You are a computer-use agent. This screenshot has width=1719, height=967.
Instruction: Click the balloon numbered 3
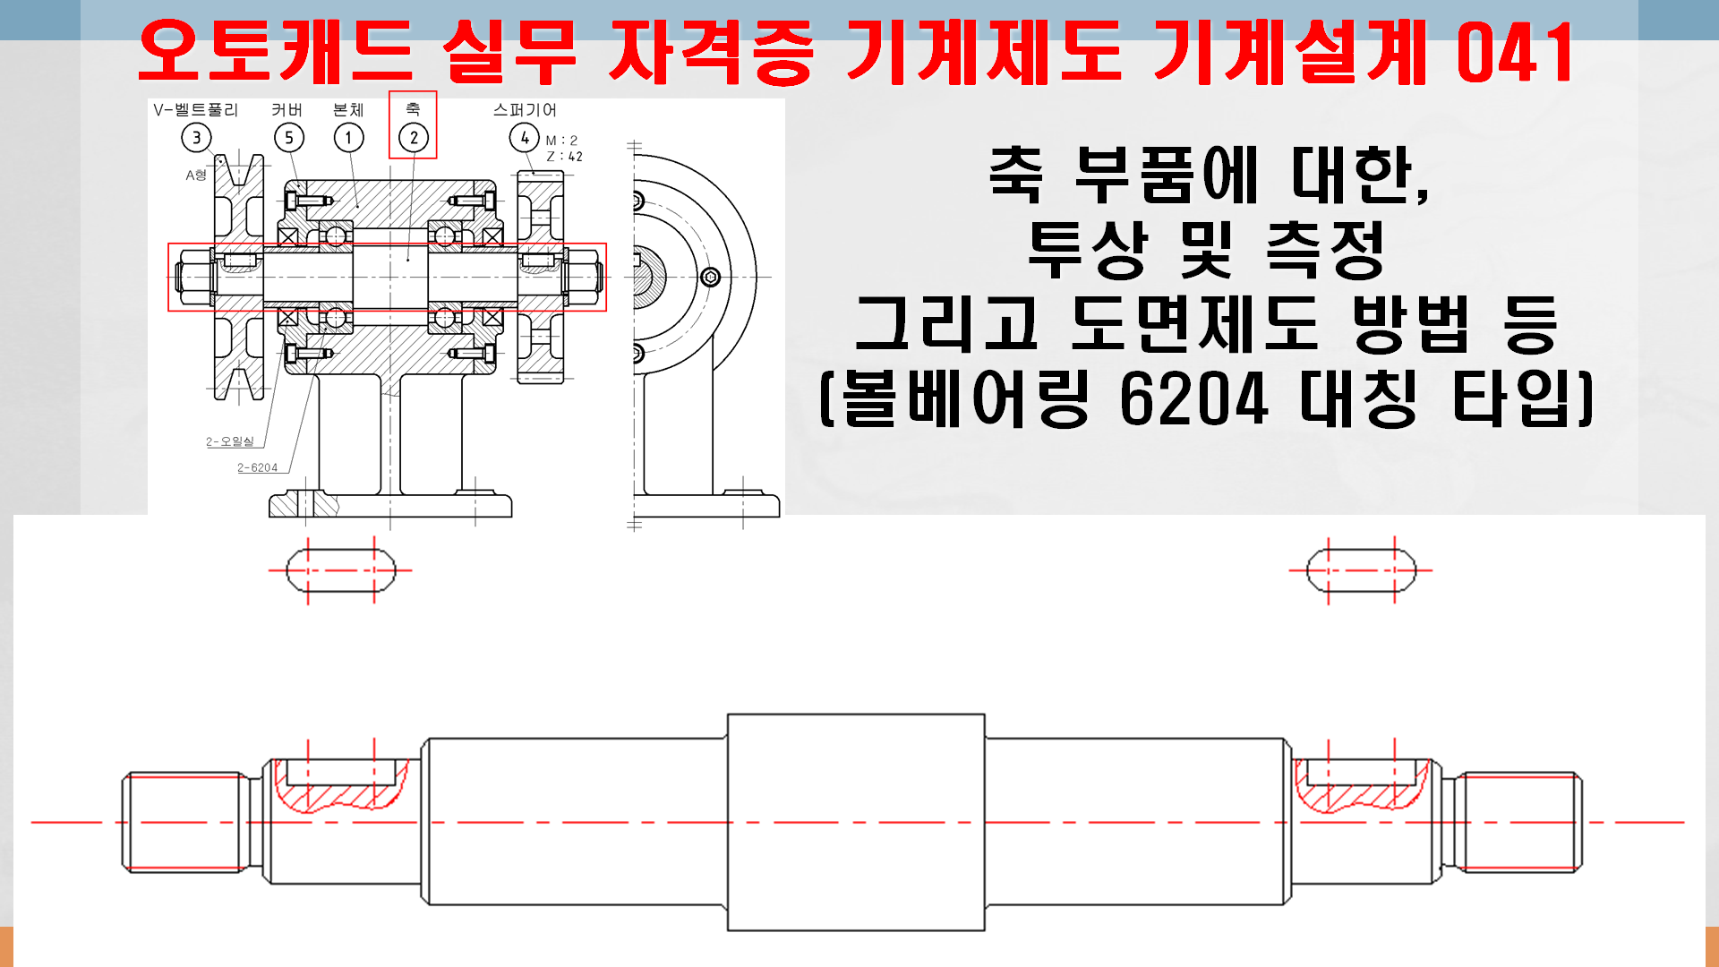pyautogui.click(x=196, y=138)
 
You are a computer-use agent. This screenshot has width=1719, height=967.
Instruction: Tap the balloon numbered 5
pyautogui.click(x=288, y=138)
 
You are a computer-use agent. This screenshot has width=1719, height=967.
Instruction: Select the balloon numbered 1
pyautogui.click(x=348, y=138)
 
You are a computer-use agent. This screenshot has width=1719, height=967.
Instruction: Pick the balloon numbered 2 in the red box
pyautogui.click(x=413, y=138)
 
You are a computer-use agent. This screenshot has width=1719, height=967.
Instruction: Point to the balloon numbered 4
pyautogui.click(x=524, y=138)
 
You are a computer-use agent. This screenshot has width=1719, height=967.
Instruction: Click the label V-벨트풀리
pyautogui.click(x=195, y=110)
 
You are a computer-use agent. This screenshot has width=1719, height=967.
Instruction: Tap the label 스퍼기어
pyautogui.click(x=525, y=110)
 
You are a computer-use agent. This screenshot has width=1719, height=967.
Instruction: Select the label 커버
pyautogui.click(x=287, y=110)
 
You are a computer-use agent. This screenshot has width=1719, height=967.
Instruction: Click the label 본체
pyautogui.click(x=348, y=110)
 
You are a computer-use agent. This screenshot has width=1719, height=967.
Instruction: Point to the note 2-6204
pyautogui.click(x=257, y=467)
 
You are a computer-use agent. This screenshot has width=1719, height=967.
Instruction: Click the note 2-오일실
pyautogui.click(x=230, y=441)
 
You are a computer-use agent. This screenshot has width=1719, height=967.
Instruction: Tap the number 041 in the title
pyautogui.click(x=1515, y=54)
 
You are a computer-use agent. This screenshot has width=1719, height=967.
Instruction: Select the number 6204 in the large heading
pyautogui.click(x=1193, y=398)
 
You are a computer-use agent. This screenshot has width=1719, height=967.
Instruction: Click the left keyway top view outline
pyautogui.click(x=340, y=570)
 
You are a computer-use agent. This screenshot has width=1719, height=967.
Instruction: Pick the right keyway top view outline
pyautogui.click(x=1361, y=570)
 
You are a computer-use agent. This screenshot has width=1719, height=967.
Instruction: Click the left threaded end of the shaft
pyautogui.click(x=184, y=822)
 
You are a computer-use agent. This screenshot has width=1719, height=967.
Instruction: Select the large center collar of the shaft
pyautogui.click(x=856, y=822)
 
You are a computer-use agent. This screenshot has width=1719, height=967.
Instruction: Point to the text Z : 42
pyautogui.click(x=564, y=157)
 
